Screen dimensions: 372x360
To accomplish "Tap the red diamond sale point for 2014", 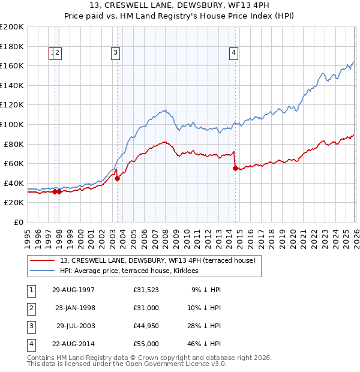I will pyautogui.click(x=235, y=168).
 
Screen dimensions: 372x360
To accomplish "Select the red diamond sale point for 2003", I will pyautogui.click(x=118, y=178).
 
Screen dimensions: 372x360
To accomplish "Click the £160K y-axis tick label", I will pyautogui.click(x=12, y=65).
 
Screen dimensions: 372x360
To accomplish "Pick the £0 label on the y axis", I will pyautogui.click(x=18, y=222).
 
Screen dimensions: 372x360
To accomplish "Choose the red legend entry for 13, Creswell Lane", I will pyautogui.click(x=158, y=260).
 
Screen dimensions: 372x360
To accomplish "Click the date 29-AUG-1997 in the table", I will pyautogui.click(x=73, y=290).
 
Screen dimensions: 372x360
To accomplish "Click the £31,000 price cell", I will pyautogui.click(x=146, y=308).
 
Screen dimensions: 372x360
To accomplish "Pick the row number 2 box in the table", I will pyautogui.click(x=31, y=308).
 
